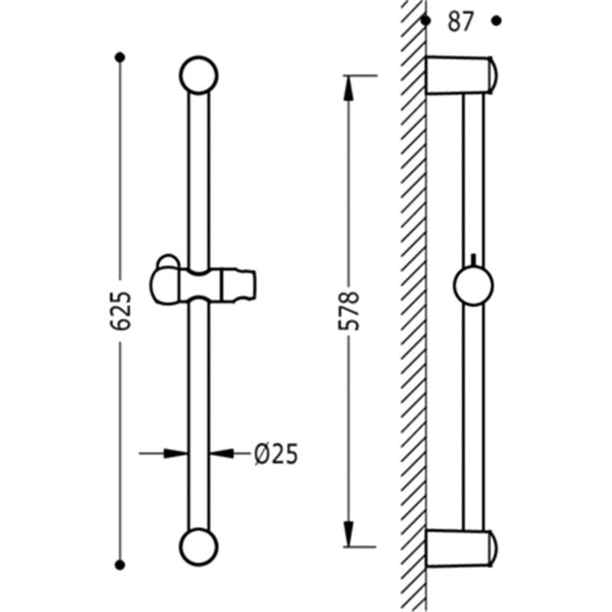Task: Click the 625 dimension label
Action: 120,311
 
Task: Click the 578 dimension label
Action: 348,311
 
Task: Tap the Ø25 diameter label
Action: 276,454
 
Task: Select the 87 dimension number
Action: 461,21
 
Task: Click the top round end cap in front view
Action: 199,75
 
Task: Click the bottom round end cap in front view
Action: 199,547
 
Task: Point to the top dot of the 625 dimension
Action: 120,57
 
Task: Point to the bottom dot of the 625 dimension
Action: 120,565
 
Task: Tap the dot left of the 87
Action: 426,21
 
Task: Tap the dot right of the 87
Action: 496,21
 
